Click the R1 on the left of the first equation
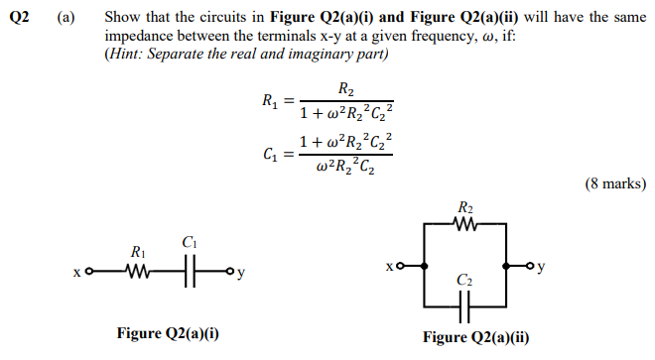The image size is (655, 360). (x=270, y=101)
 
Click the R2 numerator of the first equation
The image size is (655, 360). (x=346, y=89)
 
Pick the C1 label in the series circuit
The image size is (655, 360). (x=191, y=242)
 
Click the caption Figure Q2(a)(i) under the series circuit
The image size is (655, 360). (x=167, y=333)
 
